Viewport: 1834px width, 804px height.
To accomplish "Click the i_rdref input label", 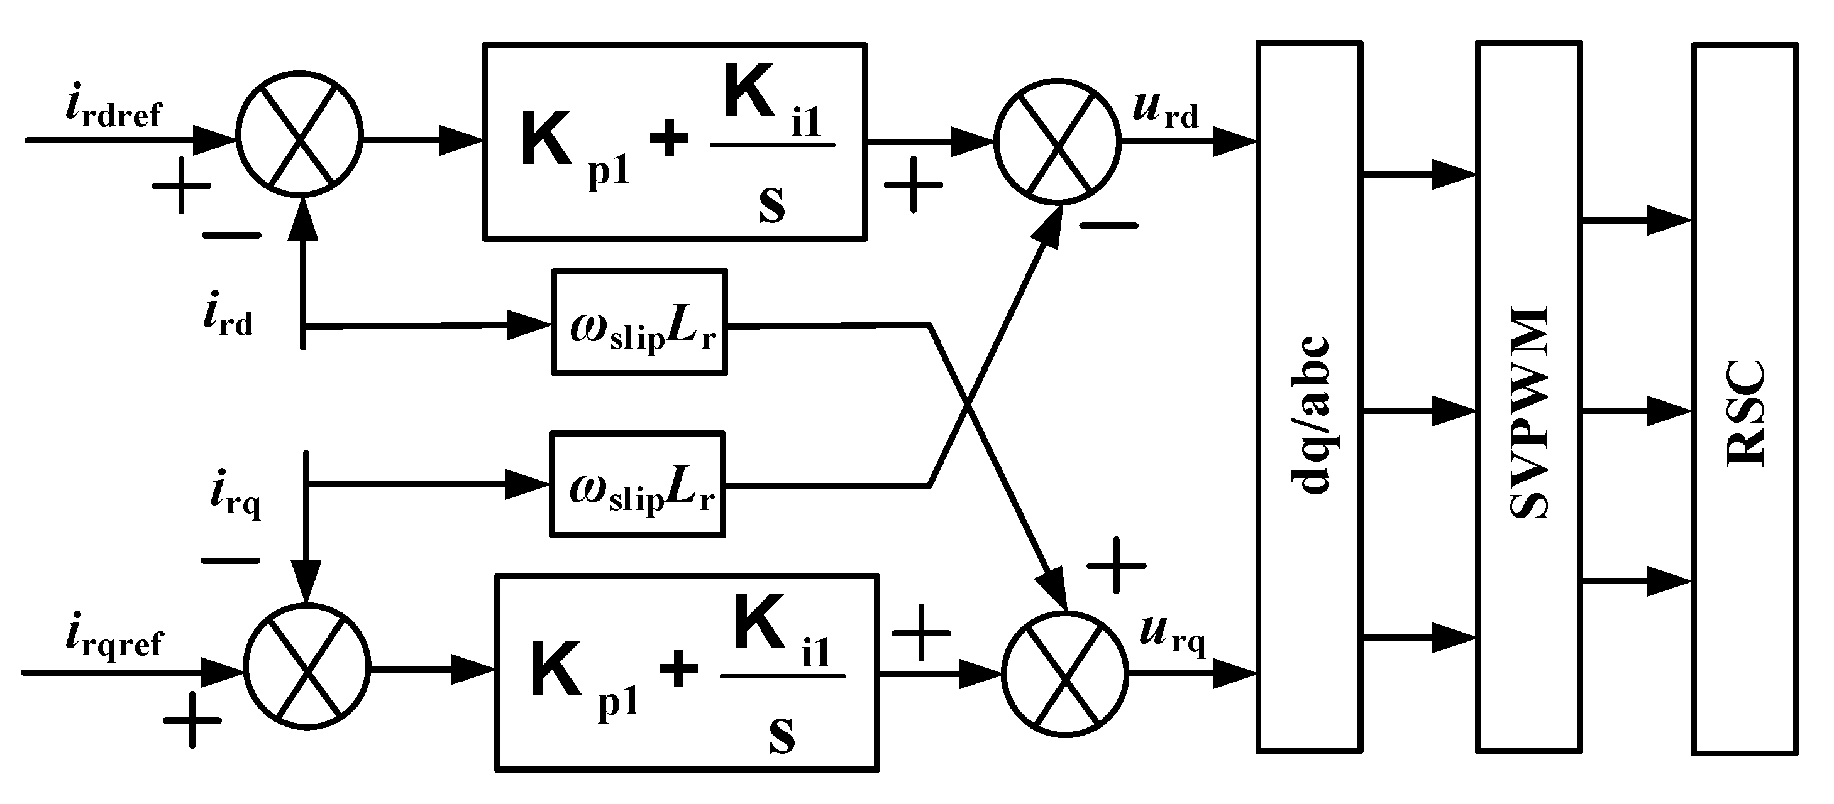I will [x=113, y=111].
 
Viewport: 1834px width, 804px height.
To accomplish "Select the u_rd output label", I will [x=1166, y=111].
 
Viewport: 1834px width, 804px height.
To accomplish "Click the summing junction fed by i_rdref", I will [x=299, y=133].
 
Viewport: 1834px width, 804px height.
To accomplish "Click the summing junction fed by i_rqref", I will [x=307, y=666].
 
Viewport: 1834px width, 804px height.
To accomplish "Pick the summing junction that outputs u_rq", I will [x=1065, y=674].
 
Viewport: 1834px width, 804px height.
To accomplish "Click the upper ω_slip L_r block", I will [x=639, y=322].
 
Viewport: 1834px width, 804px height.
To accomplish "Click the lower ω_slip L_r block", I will [x=637, y=484].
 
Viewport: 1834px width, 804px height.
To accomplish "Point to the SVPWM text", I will [x=1529, y=413].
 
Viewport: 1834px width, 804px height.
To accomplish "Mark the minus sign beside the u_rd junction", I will [x=1109, y=226].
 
